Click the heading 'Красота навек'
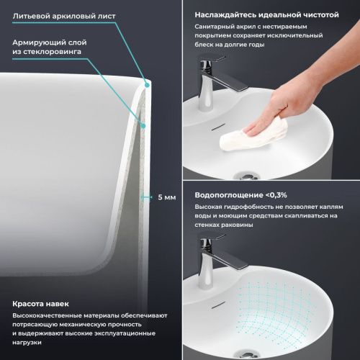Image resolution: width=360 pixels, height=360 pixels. click(40, 303)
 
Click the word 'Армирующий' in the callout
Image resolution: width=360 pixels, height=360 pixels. click(37, 42)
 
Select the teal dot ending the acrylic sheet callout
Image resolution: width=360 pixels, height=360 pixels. click(146, 84)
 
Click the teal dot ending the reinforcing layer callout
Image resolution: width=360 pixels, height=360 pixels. click(145, 126)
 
